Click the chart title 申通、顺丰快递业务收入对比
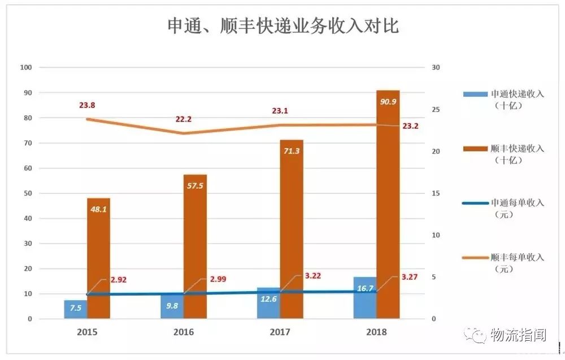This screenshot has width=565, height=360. [x=283, y=26]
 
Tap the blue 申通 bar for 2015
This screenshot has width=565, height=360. [x=75, y=310]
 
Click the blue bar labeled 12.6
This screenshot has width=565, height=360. [x=268, y=303]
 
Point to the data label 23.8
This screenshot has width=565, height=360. [x=88, y=105]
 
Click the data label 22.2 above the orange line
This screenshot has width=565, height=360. [x=184, y=119]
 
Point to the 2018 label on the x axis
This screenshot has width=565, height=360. [x=376, y=332]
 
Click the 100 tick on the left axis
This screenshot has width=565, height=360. [x=26, y=68]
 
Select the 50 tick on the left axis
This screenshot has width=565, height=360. [x=28, y=193]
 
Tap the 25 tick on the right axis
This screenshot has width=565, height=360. [x=436, y=110]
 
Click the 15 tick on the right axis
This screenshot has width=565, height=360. [x=436, y=193]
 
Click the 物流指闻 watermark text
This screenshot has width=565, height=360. [x=518, y=335]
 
